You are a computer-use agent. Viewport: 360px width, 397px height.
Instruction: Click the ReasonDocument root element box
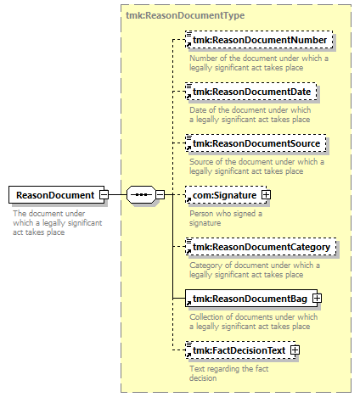click(57, 195)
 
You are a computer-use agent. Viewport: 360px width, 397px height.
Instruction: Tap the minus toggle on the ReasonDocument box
click(104, 195)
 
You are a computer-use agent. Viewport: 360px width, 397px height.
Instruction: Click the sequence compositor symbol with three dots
click(141, 195)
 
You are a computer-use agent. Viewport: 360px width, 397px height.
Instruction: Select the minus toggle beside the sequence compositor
click(160, 195)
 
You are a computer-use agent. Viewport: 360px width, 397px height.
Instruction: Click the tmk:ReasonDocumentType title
click(185, 15)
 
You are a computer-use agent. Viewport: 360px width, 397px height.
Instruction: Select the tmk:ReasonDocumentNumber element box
click(259, 40)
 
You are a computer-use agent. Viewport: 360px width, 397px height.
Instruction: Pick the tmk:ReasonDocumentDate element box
click(251, 92)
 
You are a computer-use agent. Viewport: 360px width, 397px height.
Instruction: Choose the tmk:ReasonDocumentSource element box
click(256, 143)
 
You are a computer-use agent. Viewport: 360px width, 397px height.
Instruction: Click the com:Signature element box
click(226, 195)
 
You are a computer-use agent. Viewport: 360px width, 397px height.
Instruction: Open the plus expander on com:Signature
click(266, 195)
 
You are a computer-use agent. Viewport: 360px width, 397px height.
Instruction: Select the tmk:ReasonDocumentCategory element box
click(261, 247)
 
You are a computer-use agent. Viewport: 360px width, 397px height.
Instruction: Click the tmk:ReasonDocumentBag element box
click(251, 299)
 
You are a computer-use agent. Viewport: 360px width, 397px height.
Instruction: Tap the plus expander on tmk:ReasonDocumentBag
click(317, 299)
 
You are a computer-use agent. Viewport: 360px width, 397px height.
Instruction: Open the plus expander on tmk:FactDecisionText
click(295, 350)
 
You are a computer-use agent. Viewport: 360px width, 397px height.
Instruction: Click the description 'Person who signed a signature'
click(226, 218)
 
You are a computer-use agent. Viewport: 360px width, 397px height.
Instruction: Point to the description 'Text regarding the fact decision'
click(229, 373)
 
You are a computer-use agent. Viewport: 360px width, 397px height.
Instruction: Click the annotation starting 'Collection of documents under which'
click(254, 322)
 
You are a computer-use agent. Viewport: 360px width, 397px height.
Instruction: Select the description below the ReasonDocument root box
click(58, 223)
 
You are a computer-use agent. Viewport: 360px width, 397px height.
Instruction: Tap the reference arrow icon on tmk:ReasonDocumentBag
click(188, 304)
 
